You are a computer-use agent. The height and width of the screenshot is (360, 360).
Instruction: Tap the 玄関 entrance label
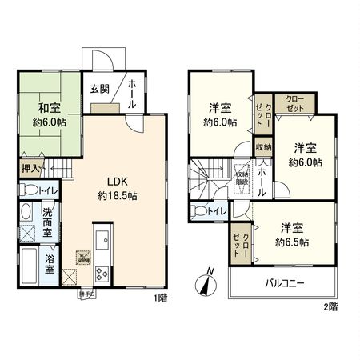click(x=98, y=89)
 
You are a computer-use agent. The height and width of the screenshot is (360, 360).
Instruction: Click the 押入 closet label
click(x=28, y=169)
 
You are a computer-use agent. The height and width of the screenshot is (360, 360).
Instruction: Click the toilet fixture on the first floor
click(x=28, y=191)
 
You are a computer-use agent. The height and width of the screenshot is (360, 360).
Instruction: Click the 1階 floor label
click(x=160, y=298)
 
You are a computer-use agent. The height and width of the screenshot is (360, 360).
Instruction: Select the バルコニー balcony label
click(x=285, y=282)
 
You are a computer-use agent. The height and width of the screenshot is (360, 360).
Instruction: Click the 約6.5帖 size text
click(x=292, y=241)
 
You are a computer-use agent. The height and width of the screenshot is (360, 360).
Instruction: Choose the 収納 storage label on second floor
click(x=263, y=147)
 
